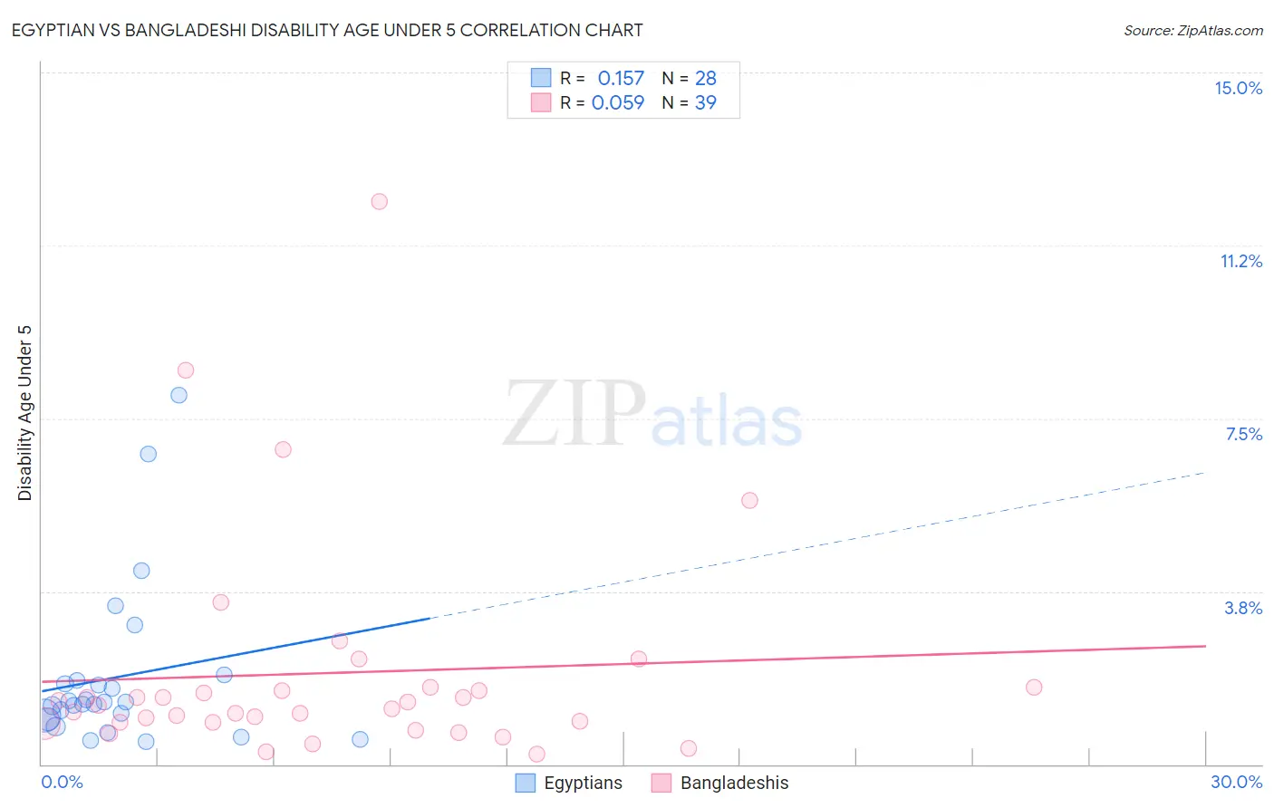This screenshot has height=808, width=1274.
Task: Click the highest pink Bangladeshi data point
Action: pyautogui.click(x=380, y=201)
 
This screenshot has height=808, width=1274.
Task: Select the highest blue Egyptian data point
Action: pyautogui.click(x=179, y=395)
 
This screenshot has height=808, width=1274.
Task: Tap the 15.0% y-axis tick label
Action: pyautogui.click(x=1238, y=88)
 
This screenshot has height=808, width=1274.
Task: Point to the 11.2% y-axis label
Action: pyautogui.click(x=1240, y=261)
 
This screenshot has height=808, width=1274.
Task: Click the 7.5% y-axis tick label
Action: pyautogui.click(x=1243, y=434)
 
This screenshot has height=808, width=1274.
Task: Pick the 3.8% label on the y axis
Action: pyautogui.click(x=1243, y=608)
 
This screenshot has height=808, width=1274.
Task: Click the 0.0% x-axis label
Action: pyautogui.click(x=63, y=782)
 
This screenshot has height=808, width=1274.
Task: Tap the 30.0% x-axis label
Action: pyautogui.click(x=1236, y=782)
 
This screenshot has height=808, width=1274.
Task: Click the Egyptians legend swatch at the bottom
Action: pyautogui.click(x=526, y=783)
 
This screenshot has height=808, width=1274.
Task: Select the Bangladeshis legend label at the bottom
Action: pyautogui.click(x=734, y=783)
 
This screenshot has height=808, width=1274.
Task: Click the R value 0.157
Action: pyautogui.click(x=621, y=78)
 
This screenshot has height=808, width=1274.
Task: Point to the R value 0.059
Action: pyautogui.click(x=618, y=102)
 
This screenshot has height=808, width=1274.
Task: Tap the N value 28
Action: pyautogui.click(x=706, y=78)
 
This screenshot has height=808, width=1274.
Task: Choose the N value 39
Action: pyautogui.click(x=706, y=102)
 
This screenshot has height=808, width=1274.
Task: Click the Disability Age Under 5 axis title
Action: pyautogui.click(x=25, y=413)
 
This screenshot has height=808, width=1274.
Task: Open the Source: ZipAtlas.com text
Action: pyautogui.click(x=1192, y=30)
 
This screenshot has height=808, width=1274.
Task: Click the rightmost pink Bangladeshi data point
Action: pyautogui.click(x=1034, y=687)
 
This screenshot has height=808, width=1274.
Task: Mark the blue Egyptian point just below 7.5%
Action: pyautogui.click(x=149, y=454)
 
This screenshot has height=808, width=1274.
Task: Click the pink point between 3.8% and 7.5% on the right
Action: pyautogui.click(x=749, y=500)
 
